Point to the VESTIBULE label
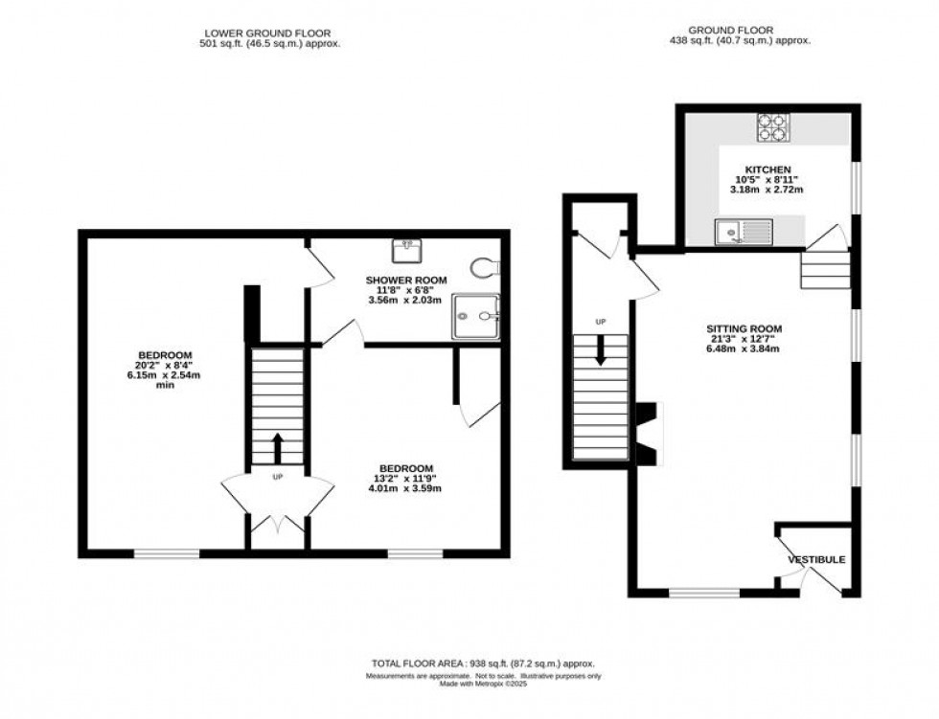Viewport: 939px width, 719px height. click(x=816, y=559)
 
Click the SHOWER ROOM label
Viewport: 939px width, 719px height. click(x=404, y=281)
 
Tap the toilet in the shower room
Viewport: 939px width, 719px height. click(x=487, y=265)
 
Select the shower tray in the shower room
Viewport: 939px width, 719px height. click(x=476, y=314)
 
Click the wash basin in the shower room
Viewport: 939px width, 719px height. click(x=406, y=250)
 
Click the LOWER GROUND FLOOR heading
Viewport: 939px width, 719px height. click(x=265, y=31)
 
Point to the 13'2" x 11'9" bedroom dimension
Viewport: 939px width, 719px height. click(x=404, y=478)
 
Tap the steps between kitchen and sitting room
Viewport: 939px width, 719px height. click(x=825, y=270)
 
